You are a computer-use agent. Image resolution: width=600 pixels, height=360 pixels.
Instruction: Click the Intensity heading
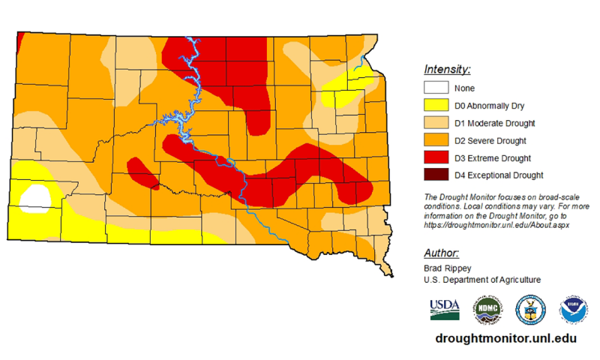447,70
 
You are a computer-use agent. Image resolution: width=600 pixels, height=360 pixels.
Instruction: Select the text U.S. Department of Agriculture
482,280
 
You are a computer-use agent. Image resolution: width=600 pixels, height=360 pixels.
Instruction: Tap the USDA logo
444,308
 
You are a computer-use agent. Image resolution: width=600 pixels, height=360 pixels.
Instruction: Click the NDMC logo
487,308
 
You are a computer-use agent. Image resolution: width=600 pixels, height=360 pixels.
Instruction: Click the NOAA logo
574,308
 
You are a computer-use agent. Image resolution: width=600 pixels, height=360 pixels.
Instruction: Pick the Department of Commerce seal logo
530,308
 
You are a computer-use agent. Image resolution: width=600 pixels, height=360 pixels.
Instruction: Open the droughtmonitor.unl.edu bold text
506,338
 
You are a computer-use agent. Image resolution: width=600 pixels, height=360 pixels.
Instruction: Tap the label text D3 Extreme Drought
493,158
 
